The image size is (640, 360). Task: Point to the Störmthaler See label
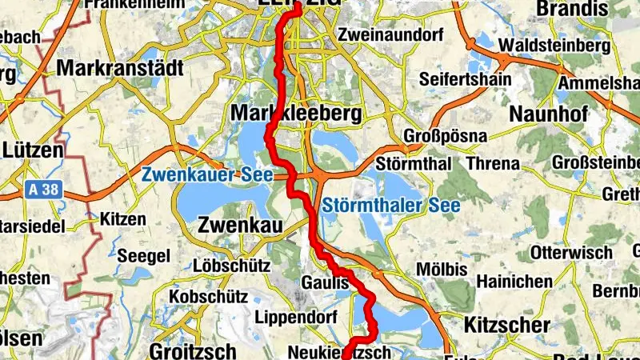392,206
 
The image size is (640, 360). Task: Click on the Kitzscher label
506,326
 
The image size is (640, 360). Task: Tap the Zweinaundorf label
380,35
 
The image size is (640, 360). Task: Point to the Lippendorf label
294,317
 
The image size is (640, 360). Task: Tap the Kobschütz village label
207,297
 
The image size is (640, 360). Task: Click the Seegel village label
143,256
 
